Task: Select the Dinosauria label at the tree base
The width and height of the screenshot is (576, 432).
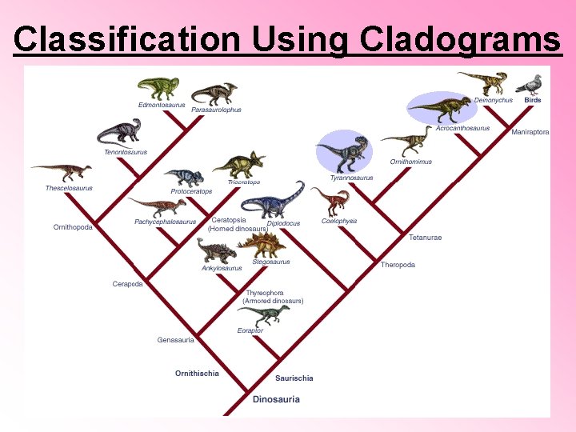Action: point(276,398)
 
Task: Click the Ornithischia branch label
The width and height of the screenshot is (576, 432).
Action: point(197,374)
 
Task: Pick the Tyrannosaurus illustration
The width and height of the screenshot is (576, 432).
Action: point(344,152)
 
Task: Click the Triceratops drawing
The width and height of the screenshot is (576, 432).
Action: point(238,165)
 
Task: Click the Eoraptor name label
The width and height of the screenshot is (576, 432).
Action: point(250,330)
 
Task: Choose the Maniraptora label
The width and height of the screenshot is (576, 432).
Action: point(530,132)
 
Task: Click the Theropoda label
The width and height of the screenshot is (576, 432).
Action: point(398,265)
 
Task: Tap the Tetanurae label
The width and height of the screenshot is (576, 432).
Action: point(425,238)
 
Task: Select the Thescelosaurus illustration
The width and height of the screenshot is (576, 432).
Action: point(62,172)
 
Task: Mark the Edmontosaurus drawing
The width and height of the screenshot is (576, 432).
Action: point(158,88)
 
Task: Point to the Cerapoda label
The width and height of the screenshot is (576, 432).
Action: point(127,284)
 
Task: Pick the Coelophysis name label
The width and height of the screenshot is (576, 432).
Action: point(339,221)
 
